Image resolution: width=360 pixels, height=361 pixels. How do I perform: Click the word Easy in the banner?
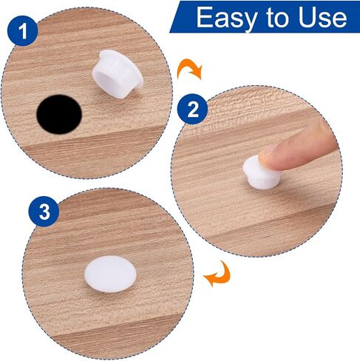coord(227,18)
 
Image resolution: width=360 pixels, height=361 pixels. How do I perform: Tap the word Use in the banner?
coord(323,17)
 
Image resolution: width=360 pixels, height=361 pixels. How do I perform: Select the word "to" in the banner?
coord(276,18)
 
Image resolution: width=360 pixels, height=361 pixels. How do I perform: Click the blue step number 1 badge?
coord(23,31)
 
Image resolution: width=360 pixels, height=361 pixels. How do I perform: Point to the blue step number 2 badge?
coord(193,109)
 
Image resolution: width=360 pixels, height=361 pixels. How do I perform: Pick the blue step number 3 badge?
coord(44,211)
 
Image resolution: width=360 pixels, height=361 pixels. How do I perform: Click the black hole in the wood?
coord(59,115)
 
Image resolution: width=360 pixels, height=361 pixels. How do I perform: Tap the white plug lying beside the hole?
coord(118,74)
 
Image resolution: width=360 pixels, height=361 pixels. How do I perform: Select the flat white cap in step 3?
coord(110,274)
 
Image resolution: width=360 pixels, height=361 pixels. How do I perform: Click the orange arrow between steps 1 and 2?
coord(189,69)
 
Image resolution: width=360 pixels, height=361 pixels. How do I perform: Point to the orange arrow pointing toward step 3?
coord(217,274)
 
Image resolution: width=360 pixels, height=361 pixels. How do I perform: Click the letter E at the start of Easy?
coord(205,17)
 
